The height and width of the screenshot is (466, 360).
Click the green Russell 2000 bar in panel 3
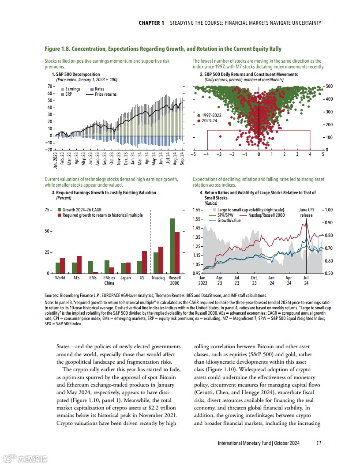tap(172, 246)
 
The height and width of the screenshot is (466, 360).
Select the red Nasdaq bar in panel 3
tap(161, 260)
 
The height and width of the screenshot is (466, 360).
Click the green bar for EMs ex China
tap(107, 267)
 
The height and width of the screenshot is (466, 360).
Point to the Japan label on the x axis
tap(126, 278)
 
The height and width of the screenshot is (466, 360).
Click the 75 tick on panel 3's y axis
tap(48, 210)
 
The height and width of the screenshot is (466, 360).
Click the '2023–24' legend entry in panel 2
tap(209, 120)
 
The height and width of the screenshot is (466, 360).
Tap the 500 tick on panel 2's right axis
tap(329, 86)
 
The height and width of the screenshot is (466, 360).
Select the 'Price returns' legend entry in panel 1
tap(105, 94)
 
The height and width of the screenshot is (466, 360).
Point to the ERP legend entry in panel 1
tap(68, 94)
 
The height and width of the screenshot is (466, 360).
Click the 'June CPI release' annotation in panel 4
tap(306, 212)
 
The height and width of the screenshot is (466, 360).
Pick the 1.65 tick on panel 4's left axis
tap(197, 210)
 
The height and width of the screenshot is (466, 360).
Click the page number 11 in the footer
tap(319, 443)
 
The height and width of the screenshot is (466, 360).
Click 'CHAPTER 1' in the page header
tap(151, 23)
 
